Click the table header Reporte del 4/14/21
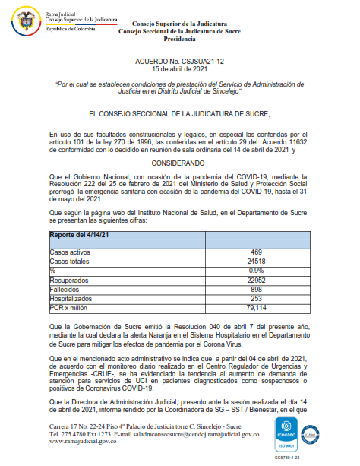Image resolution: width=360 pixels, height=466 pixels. (81, 236)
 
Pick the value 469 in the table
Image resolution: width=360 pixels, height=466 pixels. (257, 252)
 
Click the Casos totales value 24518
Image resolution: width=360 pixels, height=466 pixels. (257, 260)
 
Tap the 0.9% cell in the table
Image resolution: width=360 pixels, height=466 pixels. (257, 269)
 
